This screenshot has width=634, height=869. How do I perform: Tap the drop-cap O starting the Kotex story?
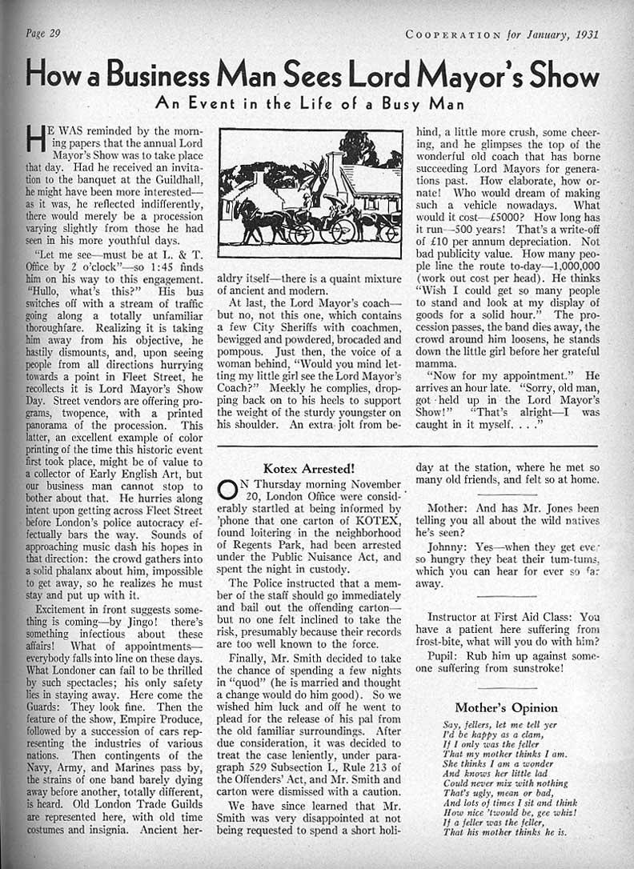click(227, 491)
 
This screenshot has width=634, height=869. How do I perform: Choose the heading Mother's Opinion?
click(506, 707)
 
